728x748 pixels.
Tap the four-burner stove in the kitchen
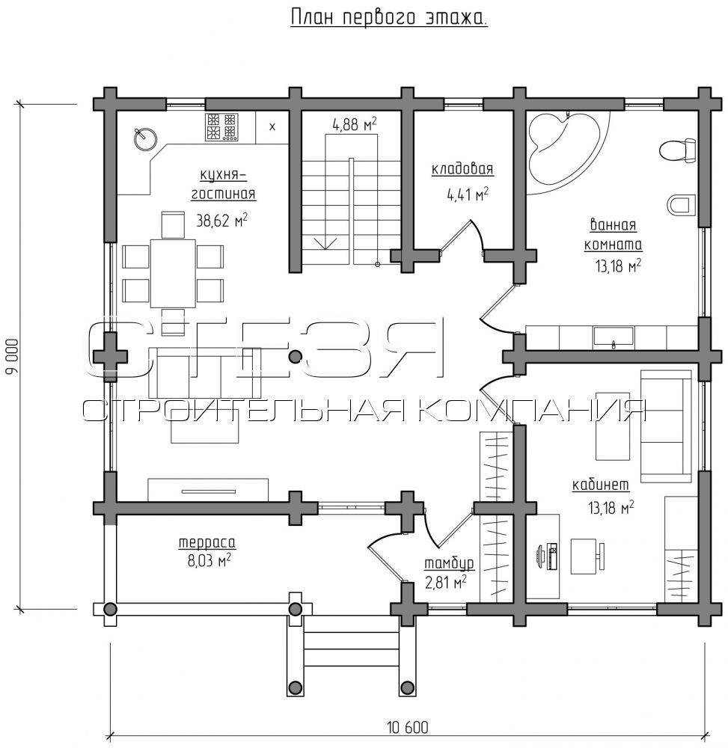[x=221, y=127]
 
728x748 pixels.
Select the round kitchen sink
[x=144, y=138]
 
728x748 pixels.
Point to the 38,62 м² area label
[x=221, y=220]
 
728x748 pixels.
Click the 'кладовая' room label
[x=462, y=169]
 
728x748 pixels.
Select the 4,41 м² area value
[x=468, y=194]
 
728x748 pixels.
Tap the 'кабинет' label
[x=601, y=485]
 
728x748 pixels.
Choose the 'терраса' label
[x=207, y=542]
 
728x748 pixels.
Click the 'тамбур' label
[x=450, y=563]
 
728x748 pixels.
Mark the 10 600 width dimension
[x=408, y=728]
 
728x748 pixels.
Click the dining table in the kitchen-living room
[x=173, y=273]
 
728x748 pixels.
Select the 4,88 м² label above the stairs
[x=355, y=125]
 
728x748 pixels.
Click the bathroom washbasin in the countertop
[x=614, y=337]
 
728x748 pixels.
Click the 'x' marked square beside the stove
[x=272, y=127]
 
